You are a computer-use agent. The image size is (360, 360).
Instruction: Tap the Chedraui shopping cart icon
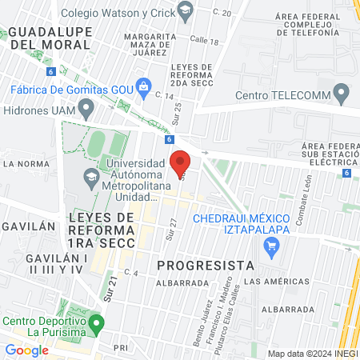[272, 247]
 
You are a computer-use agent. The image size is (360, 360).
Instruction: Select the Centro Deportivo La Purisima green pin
[97, 325]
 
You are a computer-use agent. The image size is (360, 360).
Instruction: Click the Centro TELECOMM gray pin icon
[341, 96]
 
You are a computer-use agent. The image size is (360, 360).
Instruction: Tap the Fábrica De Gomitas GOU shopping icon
[144, 86]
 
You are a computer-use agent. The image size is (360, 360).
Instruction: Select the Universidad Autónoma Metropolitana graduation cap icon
[92, 174]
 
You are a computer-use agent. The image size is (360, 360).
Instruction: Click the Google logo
[26, 350]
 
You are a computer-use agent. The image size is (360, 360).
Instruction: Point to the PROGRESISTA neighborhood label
[205, 264]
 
